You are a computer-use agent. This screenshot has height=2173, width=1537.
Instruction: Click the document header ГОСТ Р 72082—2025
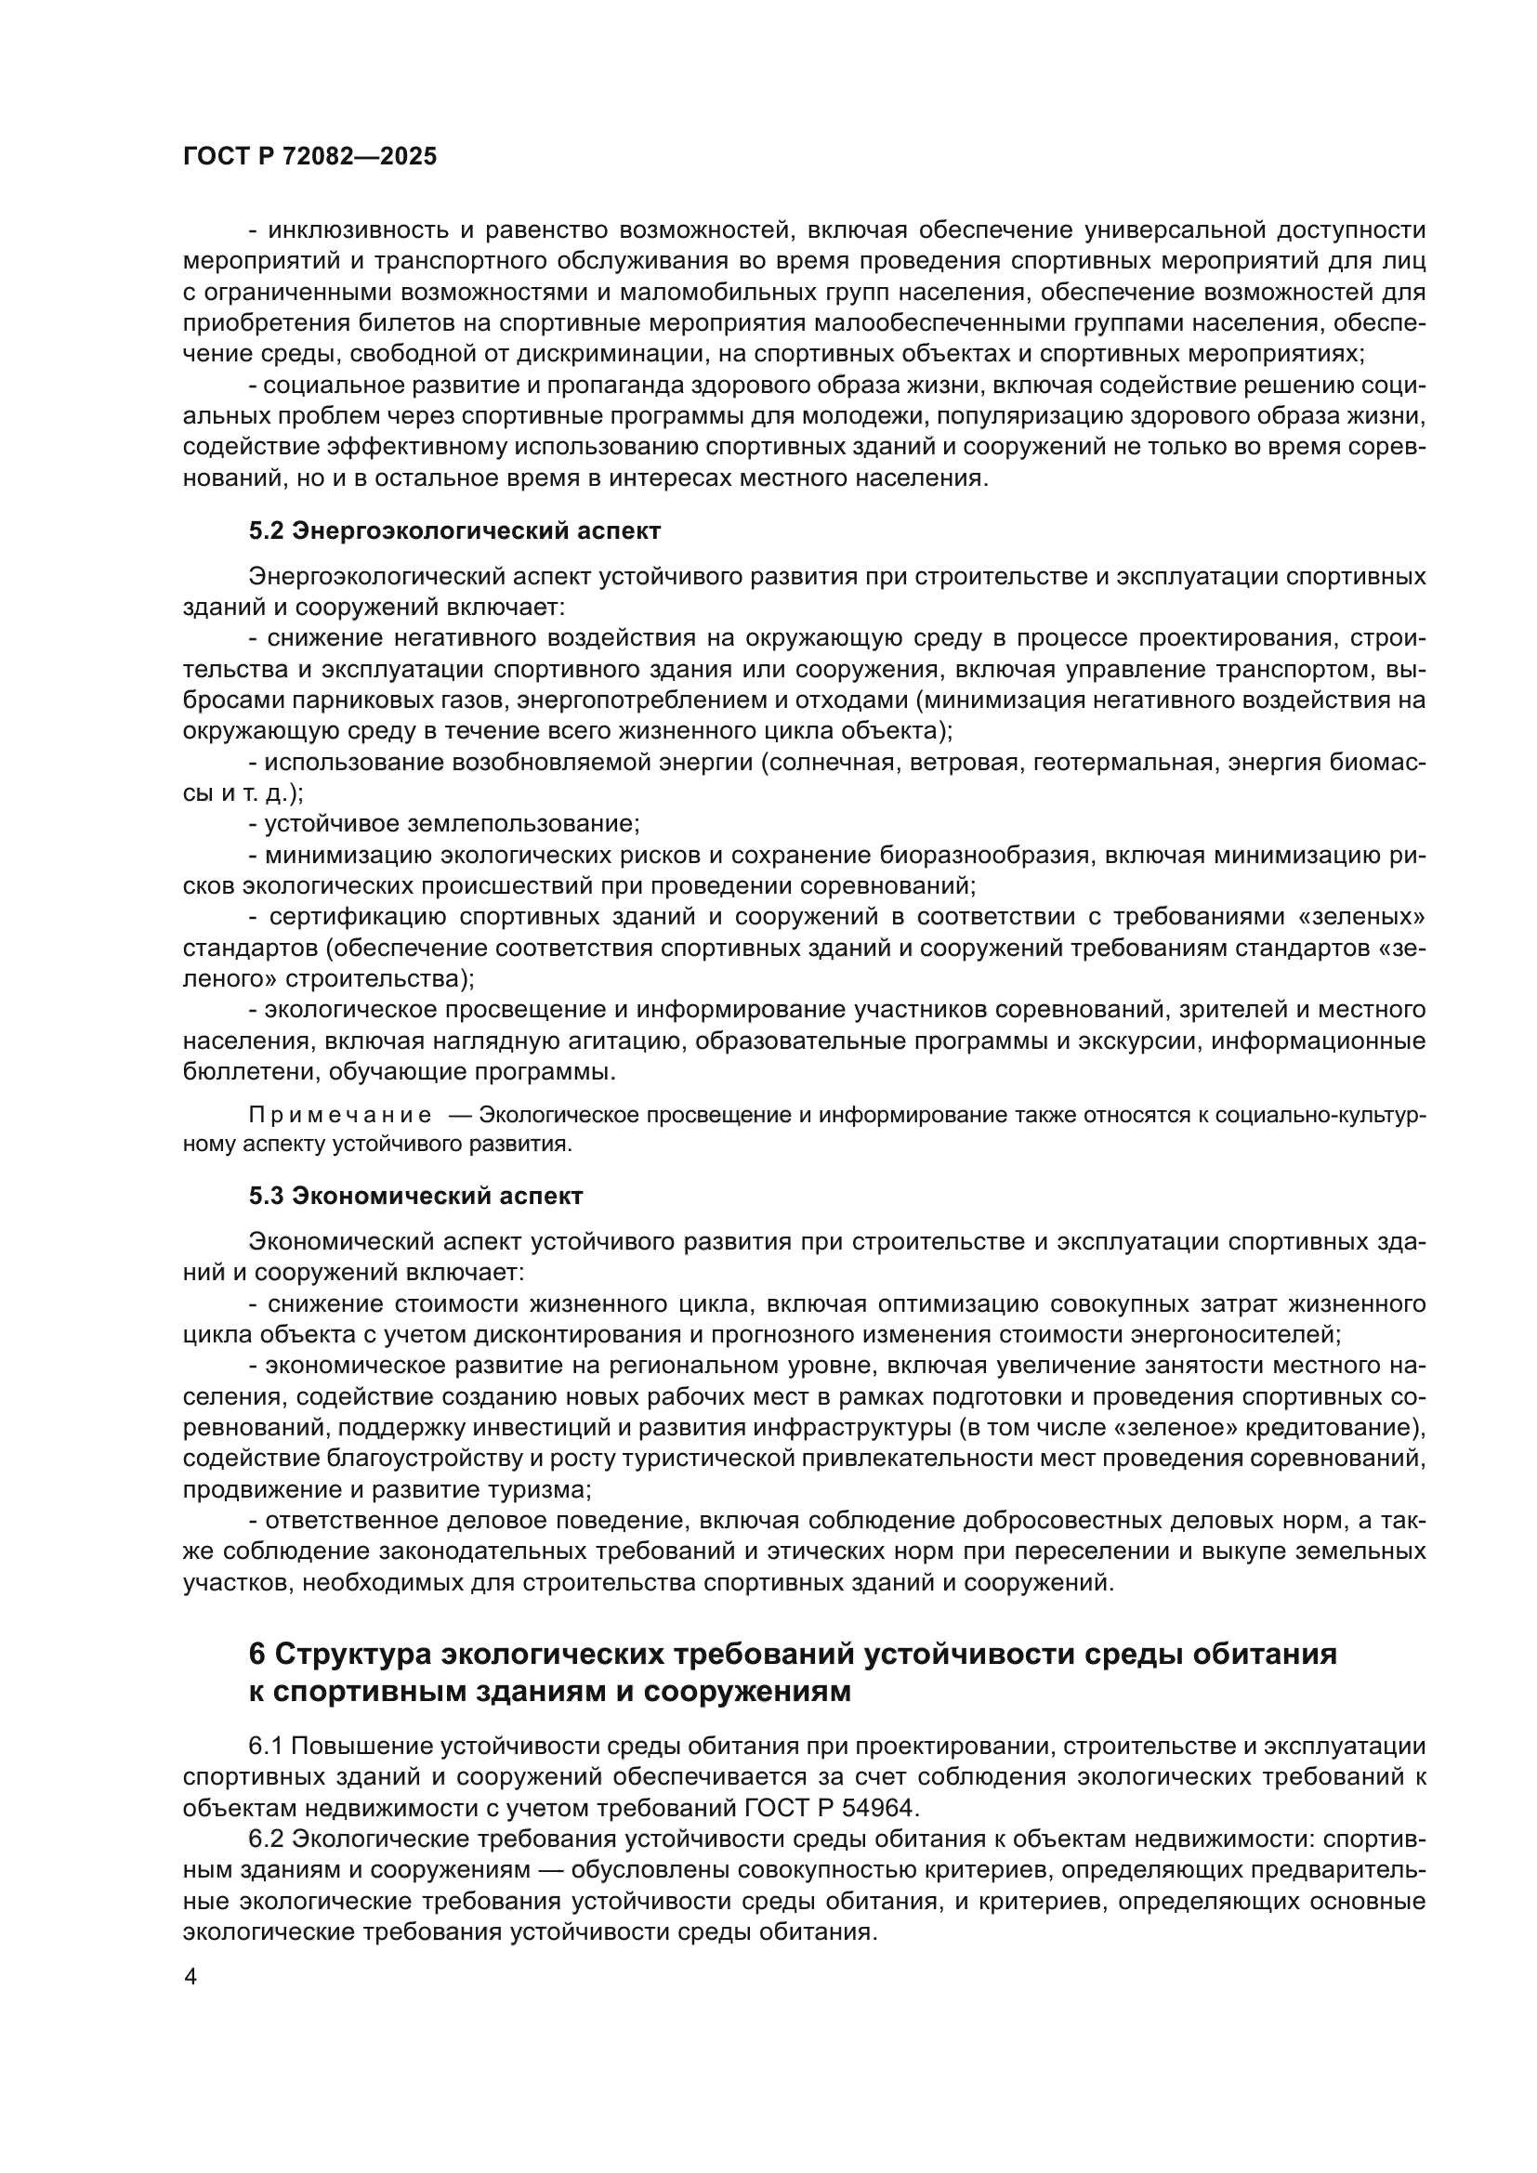click(309, 157)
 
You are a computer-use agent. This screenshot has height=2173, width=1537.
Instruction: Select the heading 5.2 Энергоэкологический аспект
click(454, 531)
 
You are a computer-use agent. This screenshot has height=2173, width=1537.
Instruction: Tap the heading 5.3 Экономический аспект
click(415, 1196)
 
